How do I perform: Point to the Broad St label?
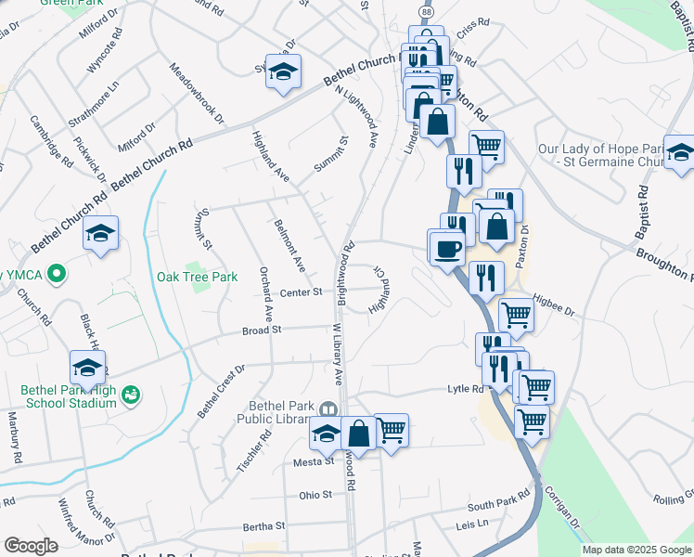261,330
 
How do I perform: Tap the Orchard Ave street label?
266,294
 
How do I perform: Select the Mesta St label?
315,461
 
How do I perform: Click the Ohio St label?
315,495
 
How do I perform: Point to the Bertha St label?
262,526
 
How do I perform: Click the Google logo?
31,545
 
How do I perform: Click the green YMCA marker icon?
57,274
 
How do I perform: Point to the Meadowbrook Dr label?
197,93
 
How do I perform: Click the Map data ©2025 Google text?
636,550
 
